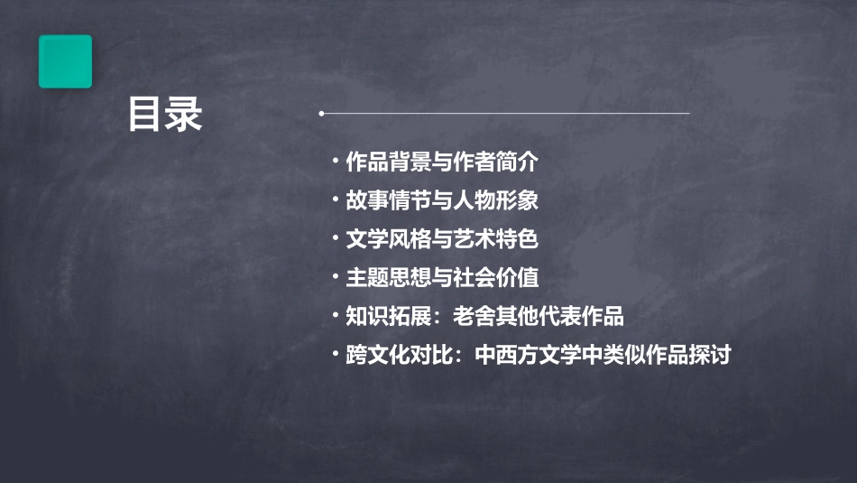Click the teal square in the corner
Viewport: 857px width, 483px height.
pyautogui.click(x=65, y=61)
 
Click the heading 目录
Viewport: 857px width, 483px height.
pyautogui.click(x=164, y=115)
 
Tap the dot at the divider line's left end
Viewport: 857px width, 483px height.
pyautogui.click(x=321, y=114)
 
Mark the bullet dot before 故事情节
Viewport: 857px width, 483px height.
pyautogui.click(x=336, y=200)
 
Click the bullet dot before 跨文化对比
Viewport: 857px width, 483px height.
pyautogui.click(x=336, y=354)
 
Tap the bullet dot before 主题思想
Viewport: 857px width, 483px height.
pyautogui.click(x=336, y=277)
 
